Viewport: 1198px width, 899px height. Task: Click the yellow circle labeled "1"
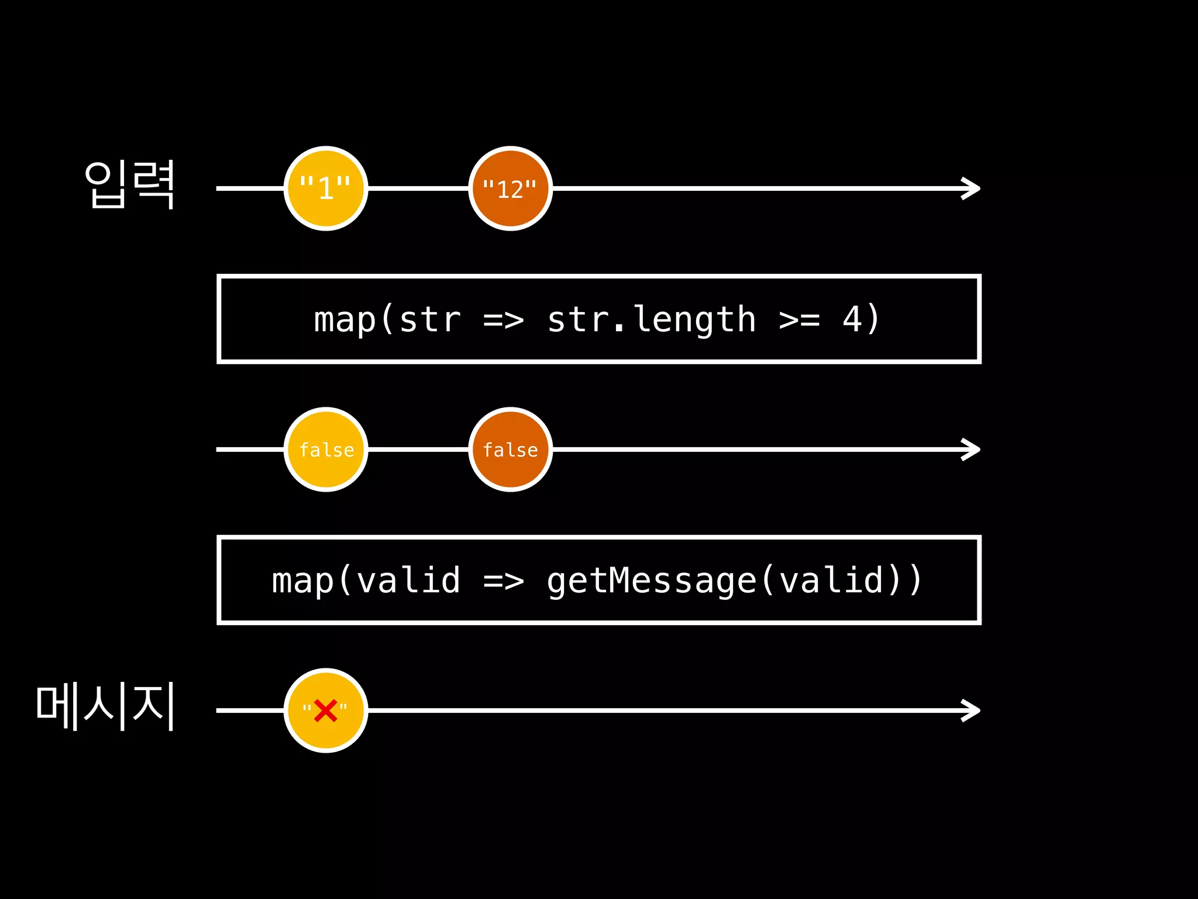[326, 188]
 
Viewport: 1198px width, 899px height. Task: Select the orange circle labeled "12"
[510, 188]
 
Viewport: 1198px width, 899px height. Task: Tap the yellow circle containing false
[326, 449]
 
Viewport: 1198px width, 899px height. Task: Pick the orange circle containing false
[510, 449]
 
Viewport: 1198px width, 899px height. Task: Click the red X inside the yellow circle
[325, 711]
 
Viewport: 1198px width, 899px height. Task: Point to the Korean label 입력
[130, 185]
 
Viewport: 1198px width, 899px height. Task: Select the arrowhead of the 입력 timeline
[972, 188]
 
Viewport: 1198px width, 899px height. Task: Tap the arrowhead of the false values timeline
[972, 449]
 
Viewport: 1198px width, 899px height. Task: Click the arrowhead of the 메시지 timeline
[972, 711]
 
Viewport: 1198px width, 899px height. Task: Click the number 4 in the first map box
[852, 320]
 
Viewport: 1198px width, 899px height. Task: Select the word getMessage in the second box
[652, 581]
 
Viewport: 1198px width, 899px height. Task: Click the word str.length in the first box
[651, 320]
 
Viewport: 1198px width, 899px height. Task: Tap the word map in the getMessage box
[303, 582]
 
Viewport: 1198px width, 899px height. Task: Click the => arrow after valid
[504, 581]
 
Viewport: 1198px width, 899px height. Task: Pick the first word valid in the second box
[408, 581]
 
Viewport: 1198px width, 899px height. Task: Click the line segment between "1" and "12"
[418, 188]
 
